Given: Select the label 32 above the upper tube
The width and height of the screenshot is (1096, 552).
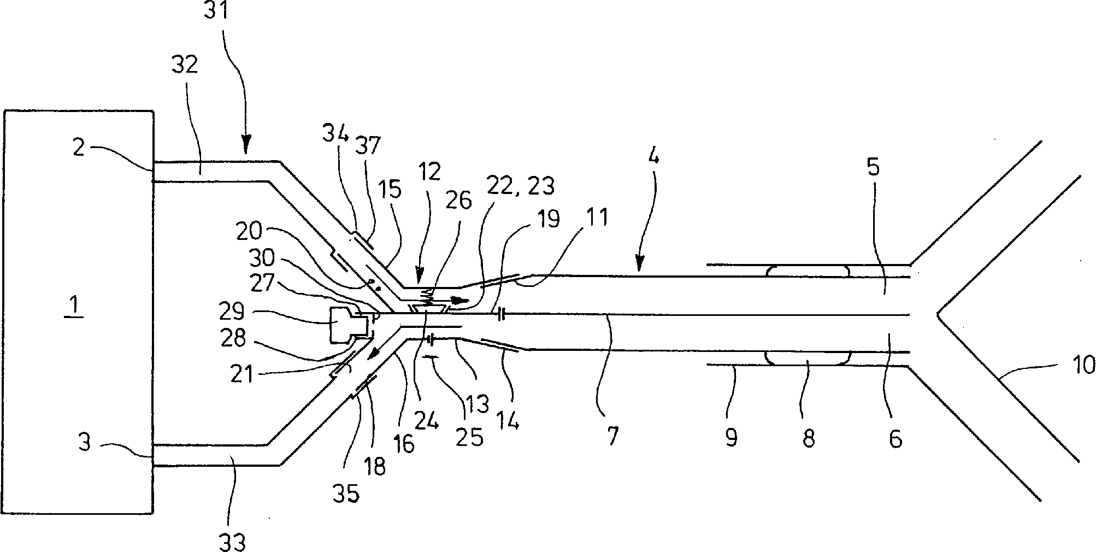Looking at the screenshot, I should [184, 65].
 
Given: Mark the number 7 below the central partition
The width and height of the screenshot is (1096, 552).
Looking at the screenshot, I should [612, 436].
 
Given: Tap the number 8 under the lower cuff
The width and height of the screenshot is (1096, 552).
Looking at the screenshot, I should [809, 438].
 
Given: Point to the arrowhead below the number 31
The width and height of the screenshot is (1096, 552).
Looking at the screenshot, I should [245, 147].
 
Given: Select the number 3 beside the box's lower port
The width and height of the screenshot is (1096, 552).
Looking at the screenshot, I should [85, 442].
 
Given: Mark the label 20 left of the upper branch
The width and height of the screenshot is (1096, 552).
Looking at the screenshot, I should [249, 232].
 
